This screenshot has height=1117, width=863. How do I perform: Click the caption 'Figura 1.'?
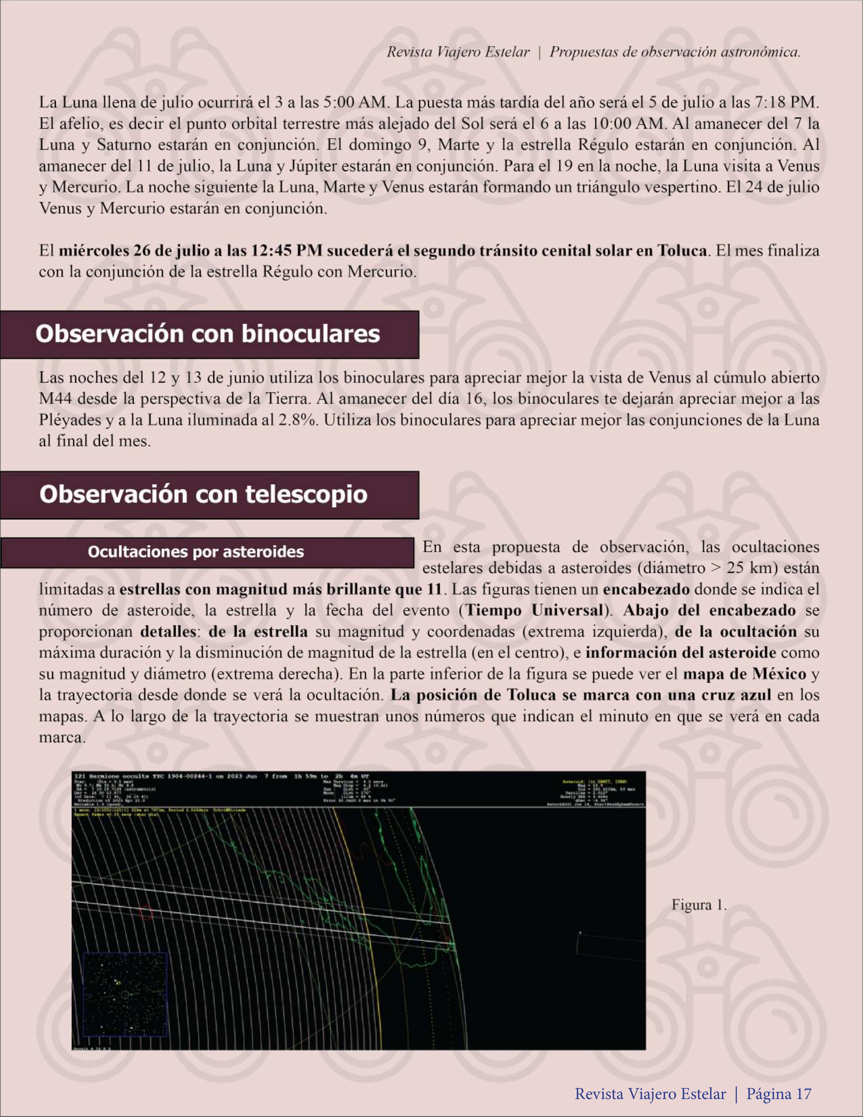pos(699,905)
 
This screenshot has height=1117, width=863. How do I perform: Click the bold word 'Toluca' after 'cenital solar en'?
pos(682,251)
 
